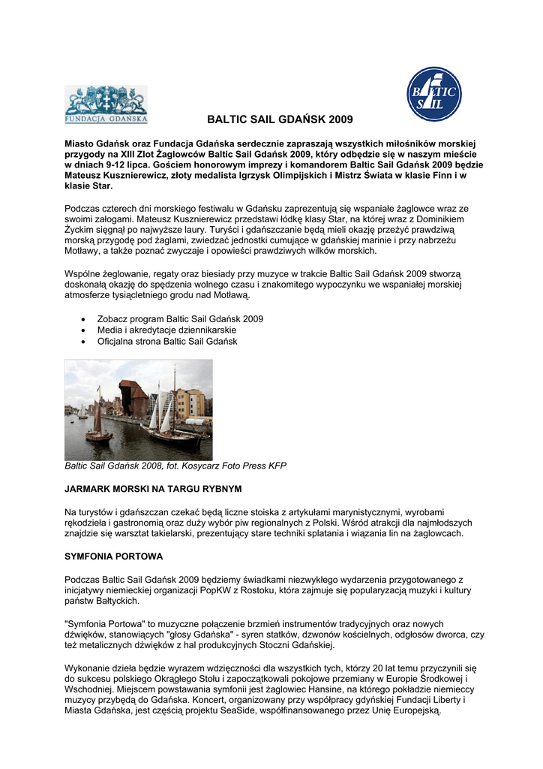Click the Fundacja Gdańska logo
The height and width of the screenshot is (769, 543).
point(106,104)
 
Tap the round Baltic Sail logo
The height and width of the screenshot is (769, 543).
point(433,94)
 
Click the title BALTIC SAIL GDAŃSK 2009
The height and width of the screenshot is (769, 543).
point(279,119)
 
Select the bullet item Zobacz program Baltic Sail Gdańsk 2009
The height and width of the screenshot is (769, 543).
point(180,318)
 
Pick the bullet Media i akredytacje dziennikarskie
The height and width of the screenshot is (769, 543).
point(166,330)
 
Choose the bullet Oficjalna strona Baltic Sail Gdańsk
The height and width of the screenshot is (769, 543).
point(167,341)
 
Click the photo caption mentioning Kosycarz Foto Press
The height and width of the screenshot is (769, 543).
point(175,466)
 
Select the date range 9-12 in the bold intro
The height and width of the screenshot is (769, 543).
point(109,164)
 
